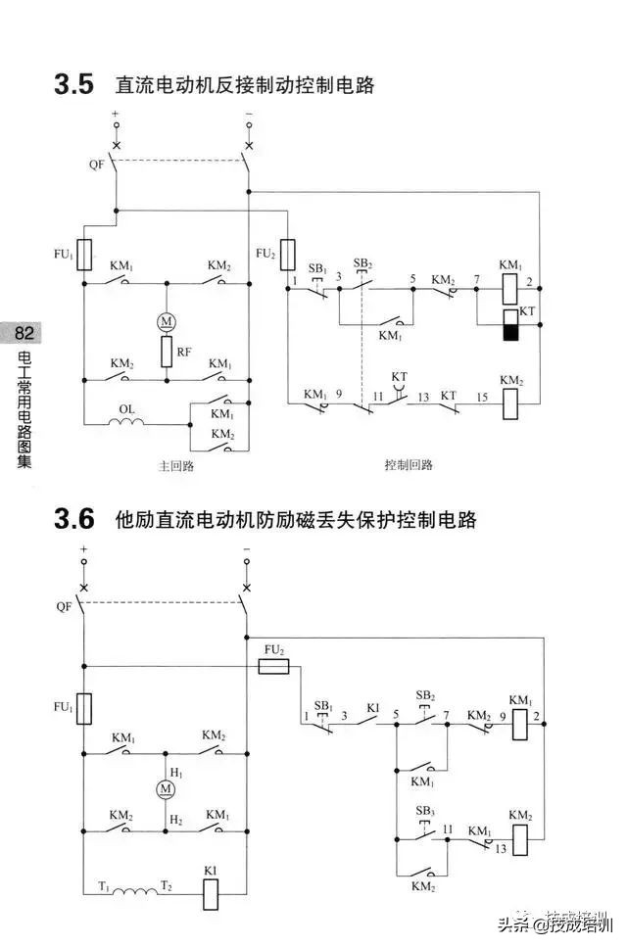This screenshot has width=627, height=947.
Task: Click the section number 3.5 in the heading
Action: pyautogui.click(x=73, y=85)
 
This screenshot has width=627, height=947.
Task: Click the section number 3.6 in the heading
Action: pyautogui.click(x=73, y=519)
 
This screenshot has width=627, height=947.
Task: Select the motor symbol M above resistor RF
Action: pyautogui.click(x=166, y=320)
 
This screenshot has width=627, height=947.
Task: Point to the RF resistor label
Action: pyautogui.click(x=184, y=350)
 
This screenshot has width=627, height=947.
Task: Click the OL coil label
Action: pyautogui.click(x=126, y=409)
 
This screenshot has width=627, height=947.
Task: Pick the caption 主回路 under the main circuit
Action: pyautogui.click(x=176, y=465)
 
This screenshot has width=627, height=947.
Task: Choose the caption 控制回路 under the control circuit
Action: pyautogui.click(x=408, y=465)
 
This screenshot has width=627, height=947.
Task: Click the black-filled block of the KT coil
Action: pyautogui.click(x=509, y=332)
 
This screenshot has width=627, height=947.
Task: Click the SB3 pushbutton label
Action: pyautogui.click(x=424, y=811)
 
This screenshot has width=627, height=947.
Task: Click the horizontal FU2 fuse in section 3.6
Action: pyautogui.click(x=272, y=666)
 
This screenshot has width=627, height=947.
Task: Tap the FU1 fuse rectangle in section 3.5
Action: pyautogui.click(x=85, y=255)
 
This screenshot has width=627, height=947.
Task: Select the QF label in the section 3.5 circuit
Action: pyautogui.click(x=96, y=164)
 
